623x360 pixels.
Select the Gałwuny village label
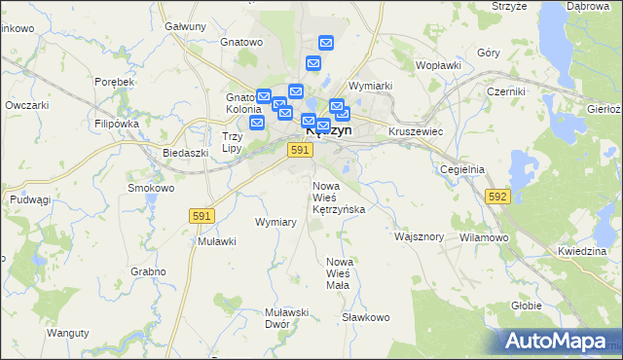[186, 26]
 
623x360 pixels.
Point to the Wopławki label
[438, 65]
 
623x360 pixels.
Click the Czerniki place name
[506, 91]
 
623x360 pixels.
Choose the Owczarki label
[26, 104]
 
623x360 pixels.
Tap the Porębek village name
[115, 83]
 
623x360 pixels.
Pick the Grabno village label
[146, 271]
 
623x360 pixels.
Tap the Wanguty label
[67, 333]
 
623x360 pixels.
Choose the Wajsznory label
[420, 236]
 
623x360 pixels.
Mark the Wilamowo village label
[484, 237]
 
